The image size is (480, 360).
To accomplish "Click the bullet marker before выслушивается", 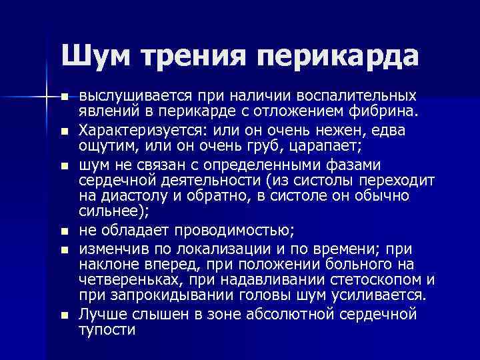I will click(64, 97).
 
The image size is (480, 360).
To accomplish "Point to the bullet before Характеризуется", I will click(64, 131).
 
